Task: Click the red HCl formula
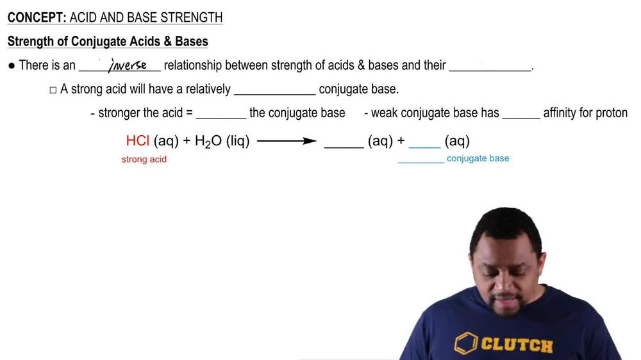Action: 138,142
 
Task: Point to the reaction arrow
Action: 287,142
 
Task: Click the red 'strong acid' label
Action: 144,159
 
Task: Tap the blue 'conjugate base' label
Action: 478,158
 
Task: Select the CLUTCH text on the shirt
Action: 515,345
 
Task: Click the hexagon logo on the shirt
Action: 465,343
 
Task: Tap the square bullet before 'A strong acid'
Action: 53,90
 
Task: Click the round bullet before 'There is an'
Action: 12,65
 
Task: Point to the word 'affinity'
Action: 562,113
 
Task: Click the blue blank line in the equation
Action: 424,146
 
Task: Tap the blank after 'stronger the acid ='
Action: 221,117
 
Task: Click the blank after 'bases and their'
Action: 490,69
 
